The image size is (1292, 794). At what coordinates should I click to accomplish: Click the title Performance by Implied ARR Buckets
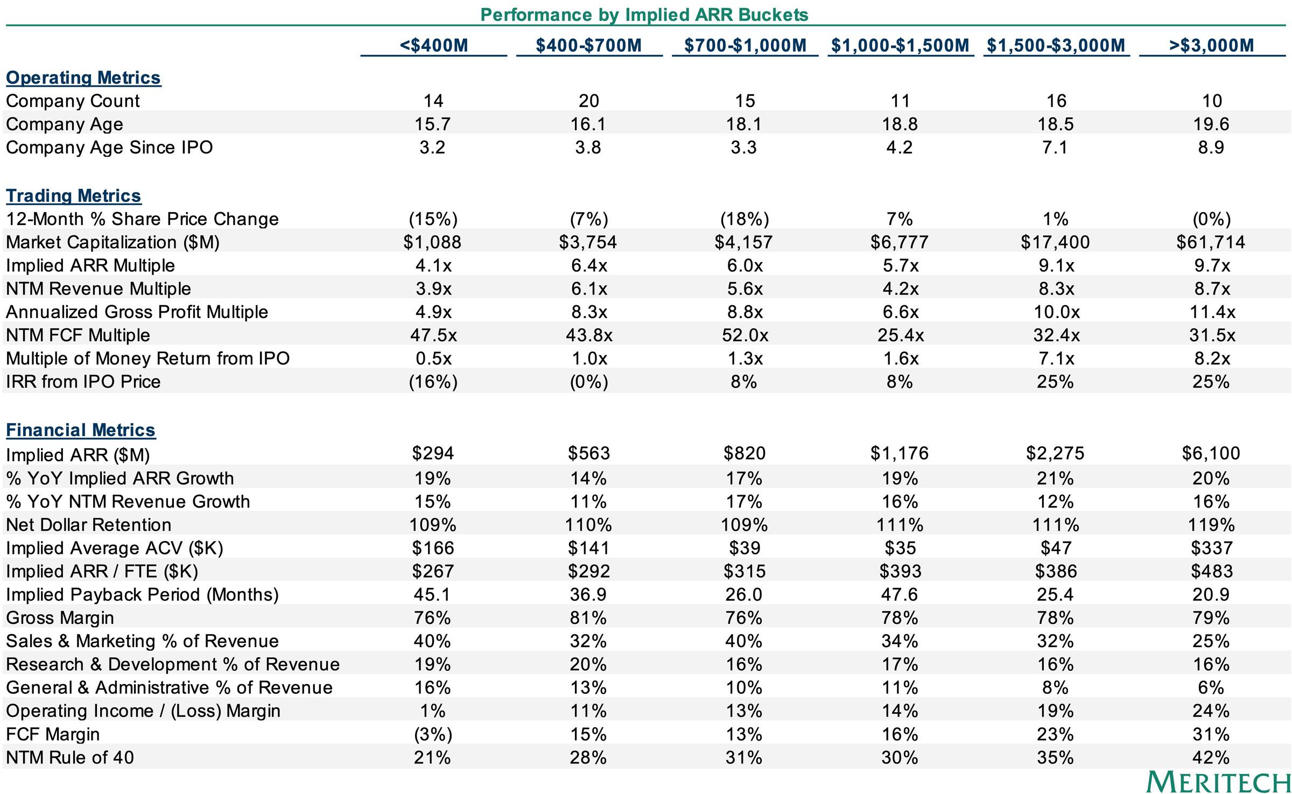tap(644, 15)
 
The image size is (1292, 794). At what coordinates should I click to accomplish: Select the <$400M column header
tap(434, 45)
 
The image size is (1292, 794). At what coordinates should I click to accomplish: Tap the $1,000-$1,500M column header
tap(900, 45)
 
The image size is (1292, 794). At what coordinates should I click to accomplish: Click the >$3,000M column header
tap(1211, 45)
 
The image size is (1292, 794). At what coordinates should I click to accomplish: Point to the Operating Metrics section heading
tap(83, 78)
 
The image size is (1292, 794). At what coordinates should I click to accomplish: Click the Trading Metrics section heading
tap(73, 196)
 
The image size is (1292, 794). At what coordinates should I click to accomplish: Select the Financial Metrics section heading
tap(80, 430)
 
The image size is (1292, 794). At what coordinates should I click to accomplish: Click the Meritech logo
tap(1218, 782)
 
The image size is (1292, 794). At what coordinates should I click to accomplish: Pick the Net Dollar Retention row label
tap(88, 525)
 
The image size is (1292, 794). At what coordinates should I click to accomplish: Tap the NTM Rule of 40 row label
tap(70, 757)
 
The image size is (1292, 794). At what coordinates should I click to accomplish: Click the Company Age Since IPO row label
tap(109, 147)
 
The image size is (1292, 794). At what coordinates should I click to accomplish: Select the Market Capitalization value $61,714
tap(1211, 242)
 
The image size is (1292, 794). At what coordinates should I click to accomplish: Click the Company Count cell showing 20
tap(588, 101)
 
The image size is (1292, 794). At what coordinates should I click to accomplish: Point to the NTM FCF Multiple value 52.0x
tap(745, 335)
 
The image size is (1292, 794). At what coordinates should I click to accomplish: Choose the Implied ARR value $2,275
tap(1055, 453)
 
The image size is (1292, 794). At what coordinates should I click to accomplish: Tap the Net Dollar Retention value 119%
tap(1211, 525)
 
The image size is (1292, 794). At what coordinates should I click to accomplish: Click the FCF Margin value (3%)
tap(433, 734)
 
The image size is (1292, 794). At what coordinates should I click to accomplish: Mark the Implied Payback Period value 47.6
tap(900, 595)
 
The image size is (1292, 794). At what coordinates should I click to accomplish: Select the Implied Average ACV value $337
tap(1212, 548)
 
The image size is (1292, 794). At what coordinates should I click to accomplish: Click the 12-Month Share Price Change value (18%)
tap(745, 219)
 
